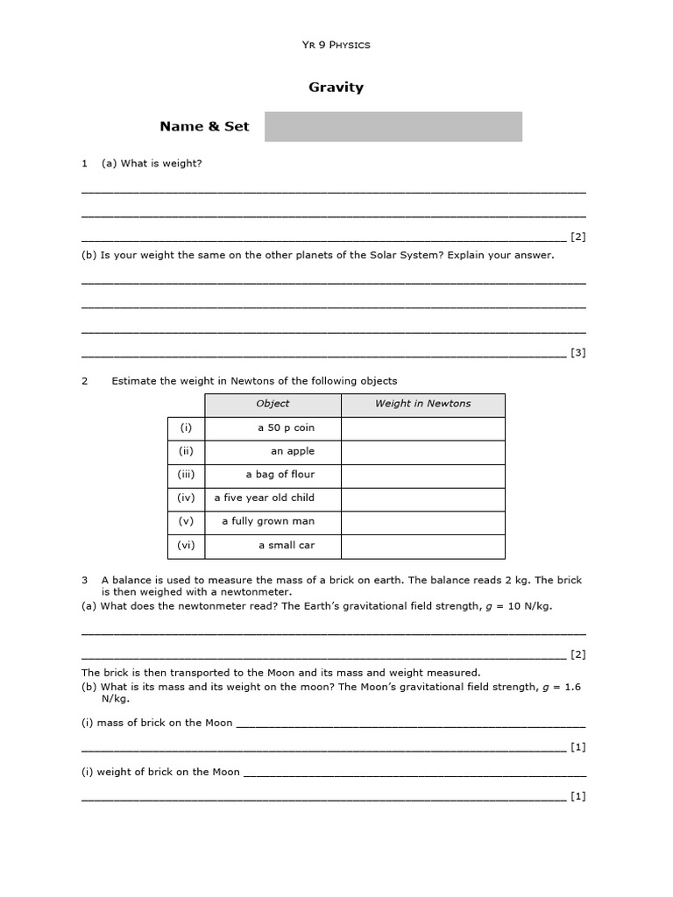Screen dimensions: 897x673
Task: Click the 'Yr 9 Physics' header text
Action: [x=336, y=45]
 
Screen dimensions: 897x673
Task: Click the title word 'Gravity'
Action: [x=336, y=88]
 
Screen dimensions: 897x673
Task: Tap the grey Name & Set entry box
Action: [x=393, y=126]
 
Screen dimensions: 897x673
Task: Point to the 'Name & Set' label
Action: [x=204, y=126]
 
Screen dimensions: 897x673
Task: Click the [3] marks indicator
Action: [x=577, y=353]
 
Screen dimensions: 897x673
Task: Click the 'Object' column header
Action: [x=273, y=404]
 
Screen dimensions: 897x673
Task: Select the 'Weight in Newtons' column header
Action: [x=422, y=404]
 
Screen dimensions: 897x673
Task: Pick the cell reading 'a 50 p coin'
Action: [x=286, y=428]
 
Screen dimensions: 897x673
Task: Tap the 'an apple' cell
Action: [x=293, y=451]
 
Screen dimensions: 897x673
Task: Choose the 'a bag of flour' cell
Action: [x=280, y=475]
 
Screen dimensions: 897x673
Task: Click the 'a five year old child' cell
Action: [x=264, y=498]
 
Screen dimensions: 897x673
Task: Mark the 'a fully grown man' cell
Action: [x=268, y=521]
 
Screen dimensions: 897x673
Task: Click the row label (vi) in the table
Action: [x=186, y=545]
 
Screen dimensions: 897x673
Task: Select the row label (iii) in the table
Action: [x=186, y=475]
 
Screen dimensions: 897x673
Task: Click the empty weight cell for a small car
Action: [x=422, y=546]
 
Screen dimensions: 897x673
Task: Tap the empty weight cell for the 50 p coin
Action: [x=422, y=428]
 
